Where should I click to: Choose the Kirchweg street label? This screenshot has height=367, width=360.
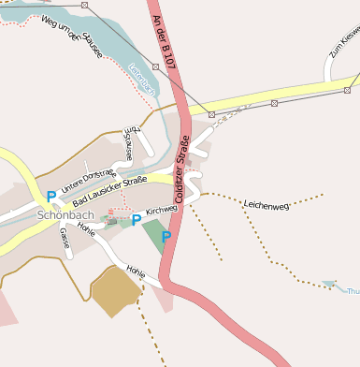click(x=162, y=210)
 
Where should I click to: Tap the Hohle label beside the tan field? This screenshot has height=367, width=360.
click(x=136, y=272)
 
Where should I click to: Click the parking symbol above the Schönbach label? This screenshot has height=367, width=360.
click(x=50, y=197)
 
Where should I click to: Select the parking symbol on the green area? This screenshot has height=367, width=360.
click(x=166, y=237)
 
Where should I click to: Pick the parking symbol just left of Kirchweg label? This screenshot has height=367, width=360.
click(x=136, y=220)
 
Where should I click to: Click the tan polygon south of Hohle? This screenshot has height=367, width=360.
click(x=115, y=291)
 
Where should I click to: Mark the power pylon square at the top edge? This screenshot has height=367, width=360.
click(x=85, y=6)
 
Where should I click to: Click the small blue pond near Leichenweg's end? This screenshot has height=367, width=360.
click(x=328, y=283)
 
